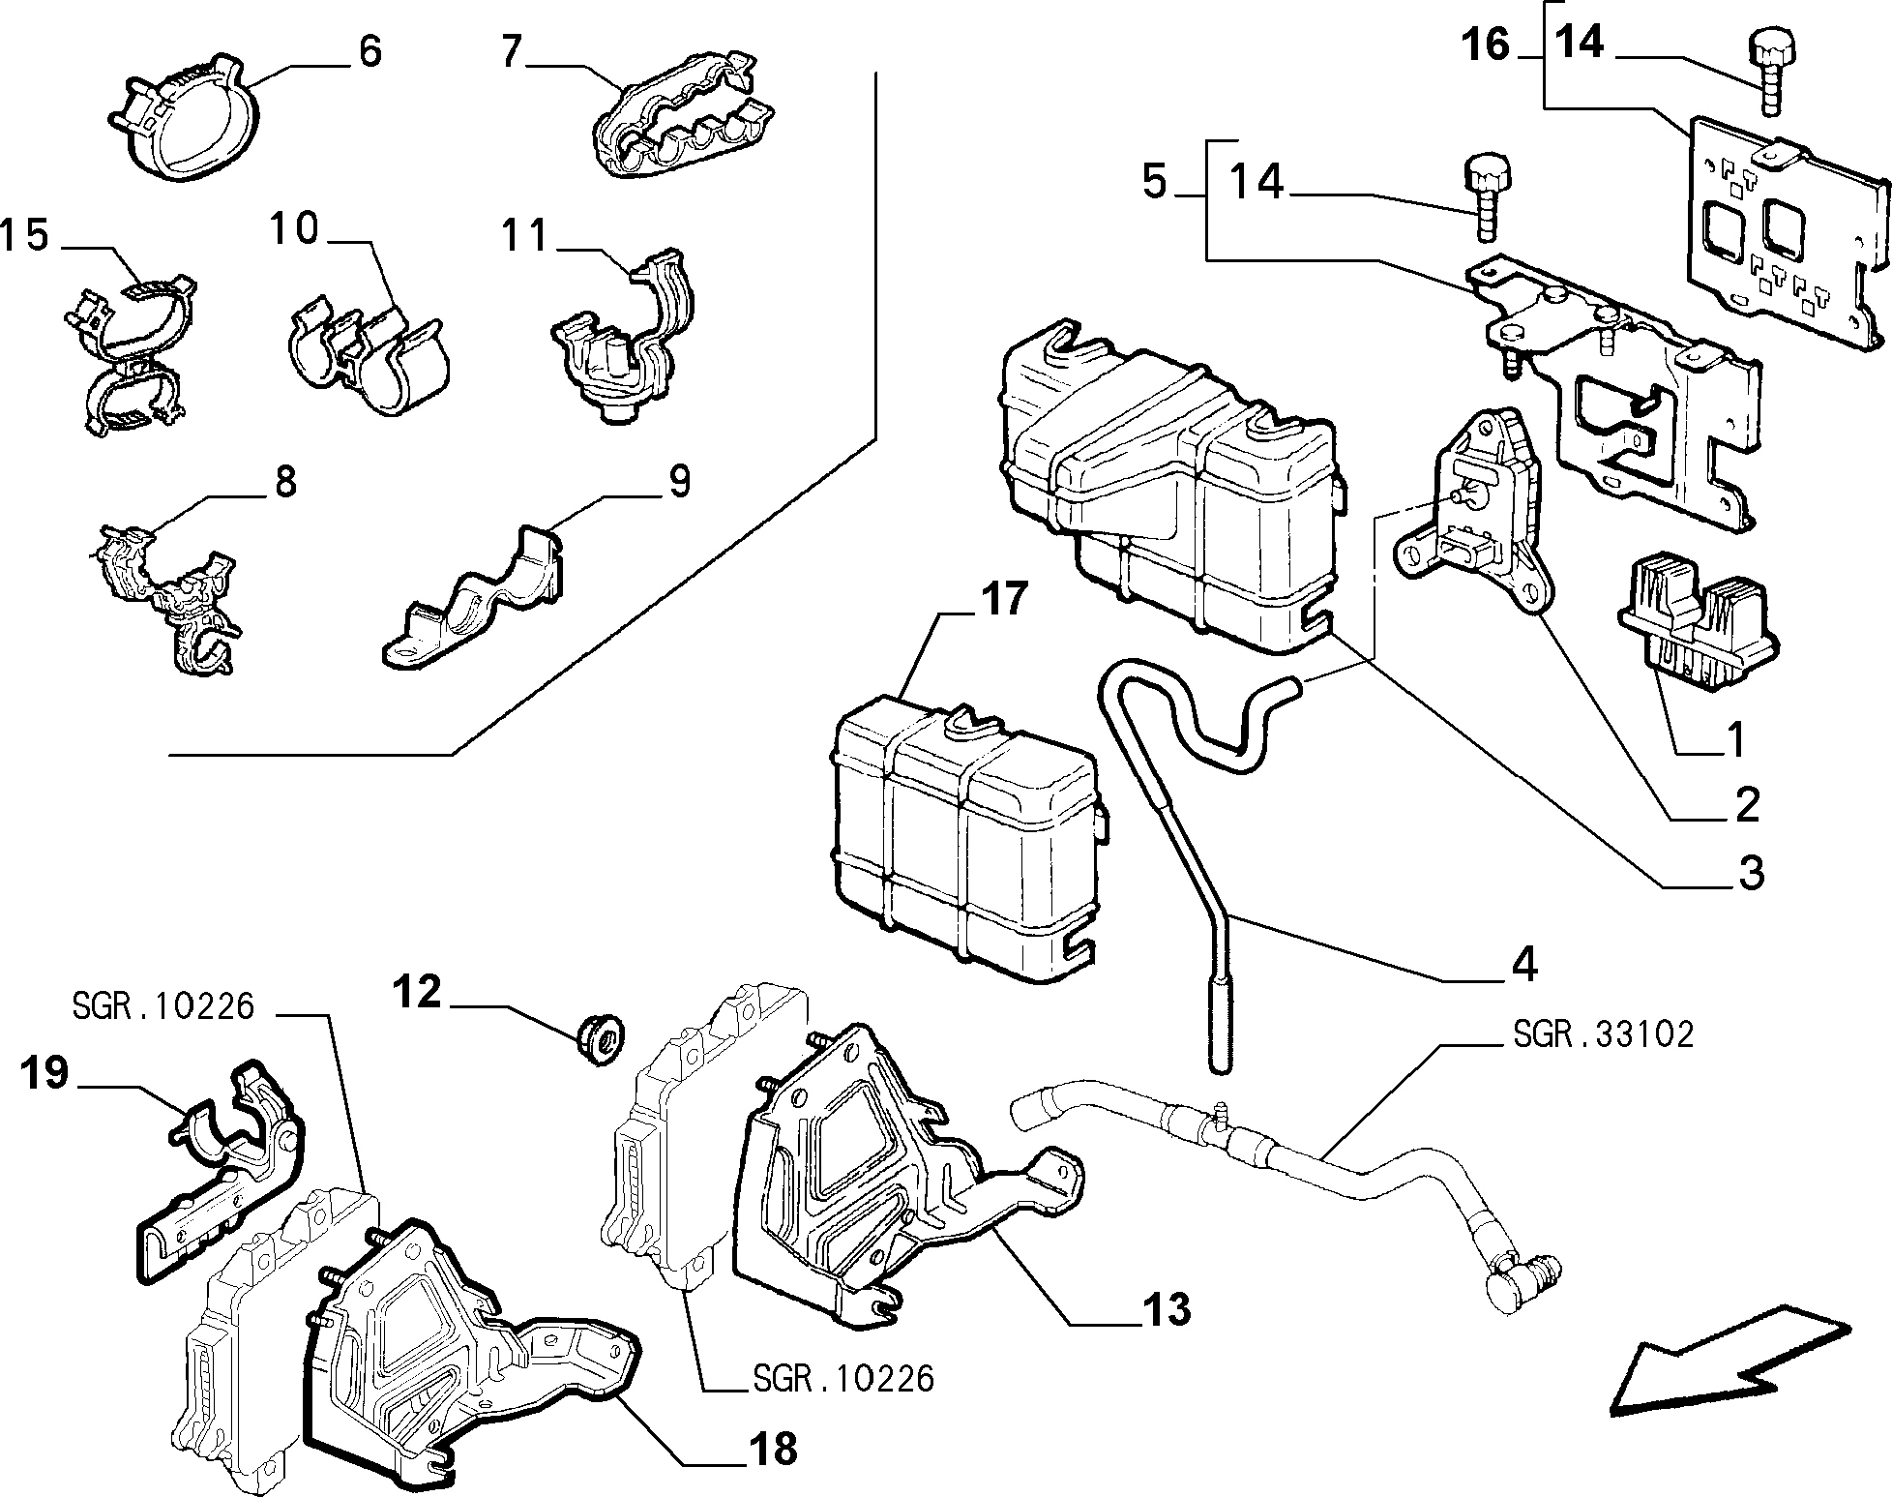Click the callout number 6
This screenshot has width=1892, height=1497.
pyautogui.click(x=370, y=51)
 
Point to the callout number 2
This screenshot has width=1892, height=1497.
pyautogui.click(x=1746, y=804)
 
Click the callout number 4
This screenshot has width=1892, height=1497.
pyautogui.click(x=1524, y=964)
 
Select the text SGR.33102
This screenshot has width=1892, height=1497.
pyautogui.click(x=1603, y=1034)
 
